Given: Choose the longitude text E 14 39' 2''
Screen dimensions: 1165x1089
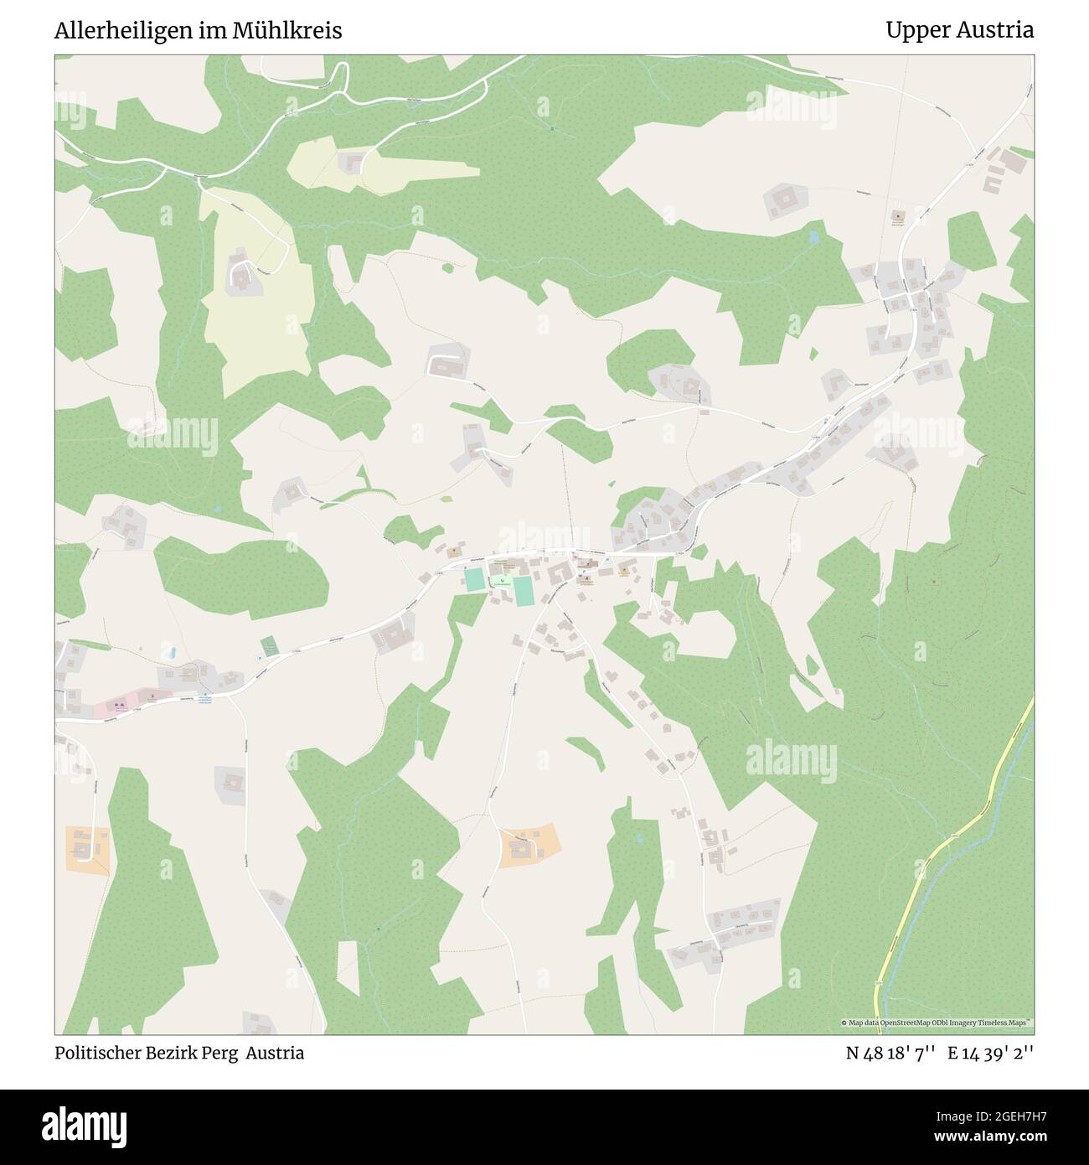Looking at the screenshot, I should pos(990,1053).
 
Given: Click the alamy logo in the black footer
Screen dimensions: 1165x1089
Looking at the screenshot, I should pos(88,1126).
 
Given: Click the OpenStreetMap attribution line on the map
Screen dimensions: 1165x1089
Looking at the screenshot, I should pos(937,1023).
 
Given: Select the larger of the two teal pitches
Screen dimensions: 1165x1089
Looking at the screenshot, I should pos(523,592).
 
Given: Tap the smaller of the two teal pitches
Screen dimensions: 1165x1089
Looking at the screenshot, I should pos(474,579).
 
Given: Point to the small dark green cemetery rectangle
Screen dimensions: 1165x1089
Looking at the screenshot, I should pos(269,646).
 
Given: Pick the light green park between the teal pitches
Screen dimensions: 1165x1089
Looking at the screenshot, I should pos(501,580).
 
